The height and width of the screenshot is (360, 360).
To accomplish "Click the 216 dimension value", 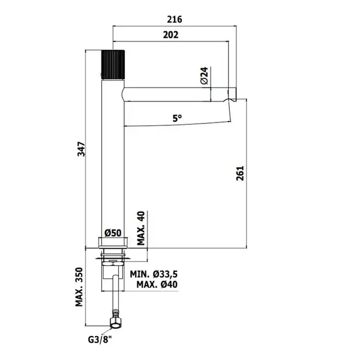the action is [175, 19].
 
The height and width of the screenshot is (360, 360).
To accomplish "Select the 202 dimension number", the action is [170, 35].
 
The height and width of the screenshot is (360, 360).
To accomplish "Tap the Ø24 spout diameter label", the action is [204, 76].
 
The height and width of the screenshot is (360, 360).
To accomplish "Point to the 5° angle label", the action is [177, 118].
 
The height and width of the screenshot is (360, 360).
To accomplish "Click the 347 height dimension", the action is [81, 149].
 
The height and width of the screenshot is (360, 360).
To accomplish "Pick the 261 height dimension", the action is [240, 173].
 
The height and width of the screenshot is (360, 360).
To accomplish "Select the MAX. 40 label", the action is [141, 228].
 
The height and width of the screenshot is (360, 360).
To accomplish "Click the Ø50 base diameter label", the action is [113, 233].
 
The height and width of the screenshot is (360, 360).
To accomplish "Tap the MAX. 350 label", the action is [79, 287].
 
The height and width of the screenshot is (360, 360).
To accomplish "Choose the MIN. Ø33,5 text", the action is [154, 274].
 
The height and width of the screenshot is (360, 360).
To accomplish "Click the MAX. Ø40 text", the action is [157, 284].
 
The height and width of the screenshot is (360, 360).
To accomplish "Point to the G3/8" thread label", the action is [100, 340].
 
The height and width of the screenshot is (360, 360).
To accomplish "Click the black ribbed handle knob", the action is [113, 65].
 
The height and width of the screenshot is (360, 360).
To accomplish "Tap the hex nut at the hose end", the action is [115, 322].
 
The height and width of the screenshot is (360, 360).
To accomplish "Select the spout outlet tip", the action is [232, 94].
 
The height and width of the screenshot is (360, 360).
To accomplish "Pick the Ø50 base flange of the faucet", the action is [113, 242].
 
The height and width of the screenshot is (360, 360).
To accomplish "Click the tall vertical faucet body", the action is [113, 158].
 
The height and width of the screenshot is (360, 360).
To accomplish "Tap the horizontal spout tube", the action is [177, 94].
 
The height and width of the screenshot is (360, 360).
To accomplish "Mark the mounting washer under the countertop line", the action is [113, 259].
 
